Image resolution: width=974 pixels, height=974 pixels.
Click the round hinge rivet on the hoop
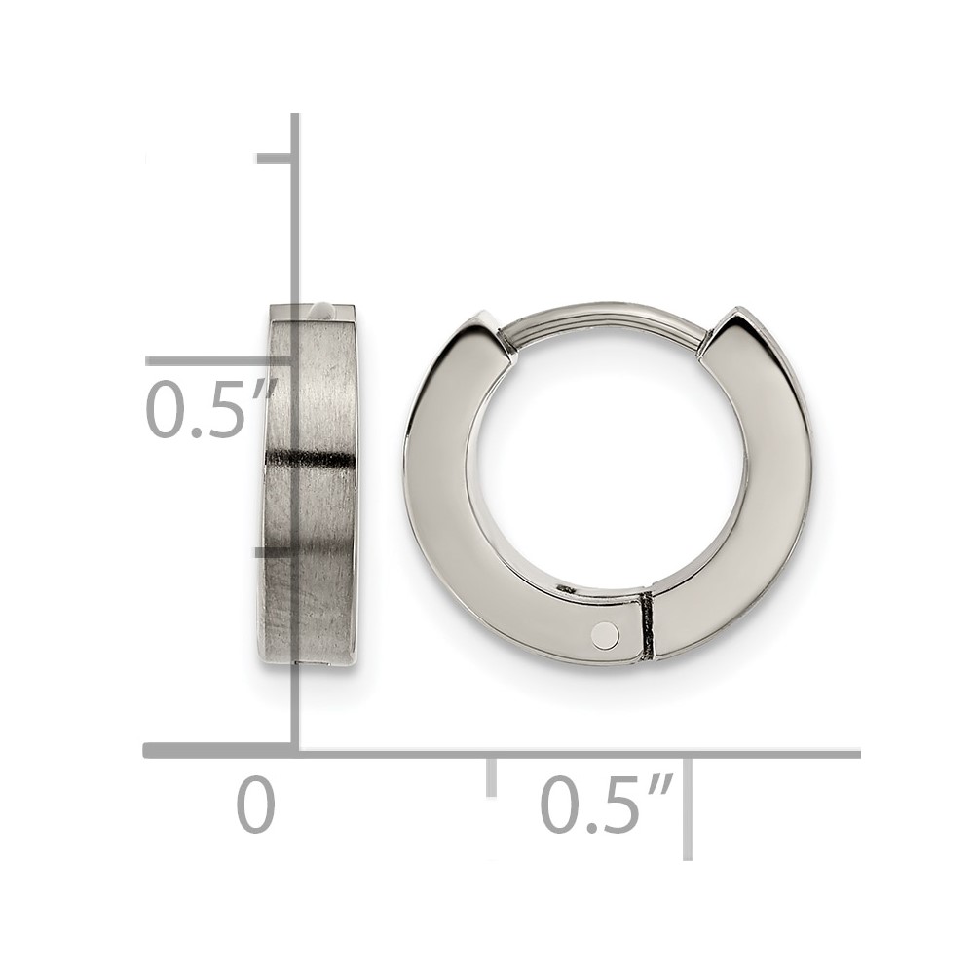coord(605,634)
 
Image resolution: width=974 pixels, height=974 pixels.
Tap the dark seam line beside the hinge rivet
coord(648,626)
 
